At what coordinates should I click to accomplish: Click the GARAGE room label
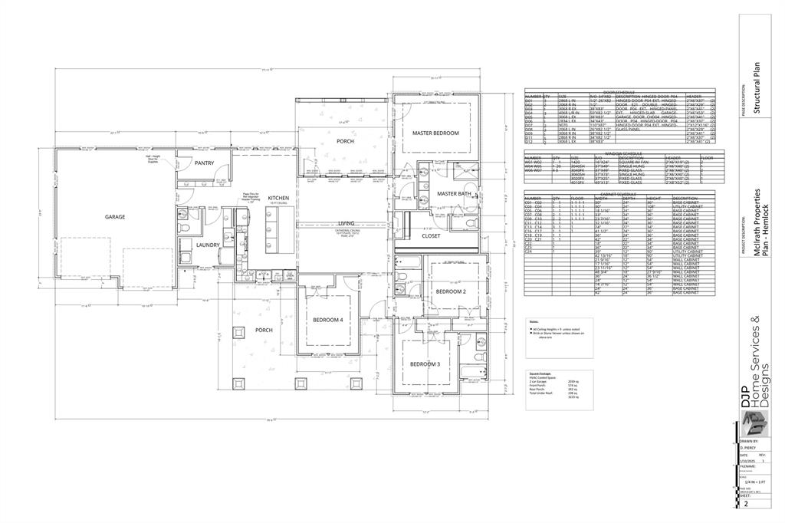[115, 217]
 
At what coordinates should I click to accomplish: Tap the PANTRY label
[204, 163]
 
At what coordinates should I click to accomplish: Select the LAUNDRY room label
[207, 245]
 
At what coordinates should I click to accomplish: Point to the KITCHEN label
[278, 199]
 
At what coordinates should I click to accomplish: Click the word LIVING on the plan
[347, 223]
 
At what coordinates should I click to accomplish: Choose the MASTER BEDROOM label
[435, 133]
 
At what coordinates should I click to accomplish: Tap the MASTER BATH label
[453, 194]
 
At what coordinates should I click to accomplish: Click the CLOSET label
[432, 236]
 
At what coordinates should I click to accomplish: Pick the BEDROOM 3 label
[424, 364]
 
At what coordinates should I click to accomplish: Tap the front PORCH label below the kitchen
[264, 331]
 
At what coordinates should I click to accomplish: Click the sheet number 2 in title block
[744, 505]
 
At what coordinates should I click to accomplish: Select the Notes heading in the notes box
[534, 322]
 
